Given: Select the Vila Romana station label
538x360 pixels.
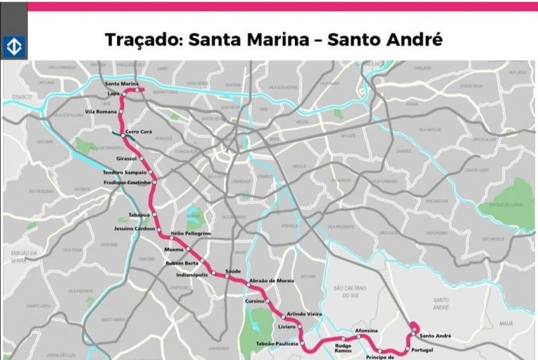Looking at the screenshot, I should pyautogui.click(x=100, y=112).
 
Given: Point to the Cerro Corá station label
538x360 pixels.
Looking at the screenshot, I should pyautogui.click(x=139, y=132).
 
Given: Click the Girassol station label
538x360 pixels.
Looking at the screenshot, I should pyautogui.click(x=127, y=158).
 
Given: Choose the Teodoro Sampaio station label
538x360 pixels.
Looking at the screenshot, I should pyautogui.click(x=125, y=172).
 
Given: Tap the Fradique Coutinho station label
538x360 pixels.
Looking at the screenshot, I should pyautogui.click(x=127, y=182).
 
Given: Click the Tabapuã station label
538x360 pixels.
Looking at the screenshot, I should pyautogui.click(x=139, y=215).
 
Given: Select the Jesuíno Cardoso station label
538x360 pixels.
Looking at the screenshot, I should pyautogui.click(x=135, y=229).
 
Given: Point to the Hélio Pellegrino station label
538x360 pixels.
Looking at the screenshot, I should pyautogui.click(x=191, y=233).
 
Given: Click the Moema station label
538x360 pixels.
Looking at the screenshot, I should pyautogui.click(x=173, y=249).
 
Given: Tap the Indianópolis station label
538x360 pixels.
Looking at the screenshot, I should pyautogui.click(x=191, y=275).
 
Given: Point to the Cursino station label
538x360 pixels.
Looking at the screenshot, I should pyautogui.click(x=254, y=300).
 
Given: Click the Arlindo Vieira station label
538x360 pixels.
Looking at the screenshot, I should pyautogui.click(x=304, y=314).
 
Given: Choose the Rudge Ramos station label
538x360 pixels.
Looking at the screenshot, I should pyautogui.click(x=343, y=348).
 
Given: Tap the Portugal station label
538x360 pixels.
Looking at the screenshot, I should pyautogui.click(x=424, y=349).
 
